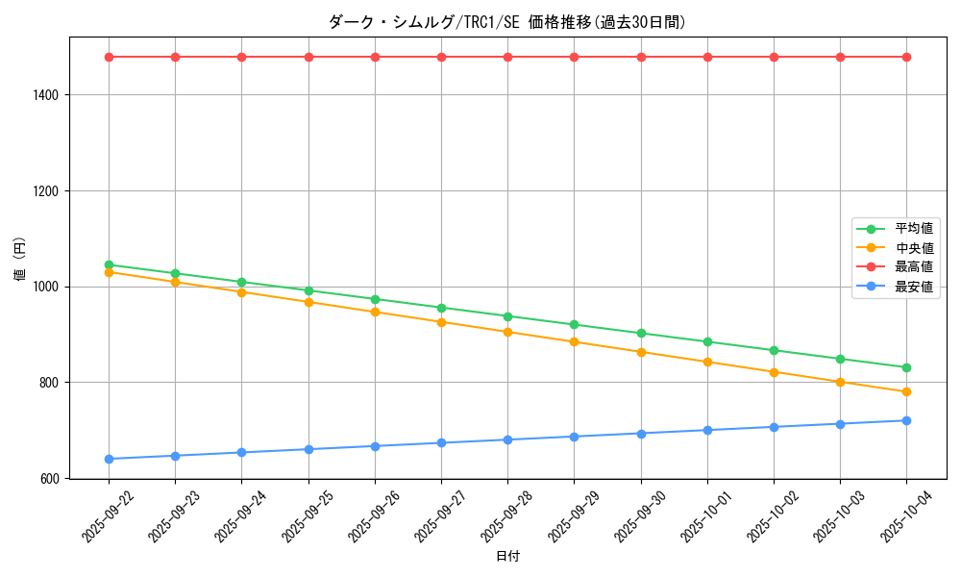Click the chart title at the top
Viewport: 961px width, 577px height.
coord(507,22)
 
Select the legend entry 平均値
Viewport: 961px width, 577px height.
coord(913,229)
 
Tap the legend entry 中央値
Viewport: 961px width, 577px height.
coord(913,248)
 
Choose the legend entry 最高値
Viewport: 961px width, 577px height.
coord(913,267)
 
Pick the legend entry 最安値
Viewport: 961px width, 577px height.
coord(913,287)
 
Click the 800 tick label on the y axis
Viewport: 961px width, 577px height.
coord(50,383)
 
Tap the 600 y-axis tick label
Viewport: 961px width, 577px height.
coord(50,478)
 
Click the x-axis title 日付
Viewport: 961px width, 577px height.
coord(507,557)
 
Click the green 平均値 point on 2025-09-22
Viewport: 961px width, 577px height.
coord(109,264)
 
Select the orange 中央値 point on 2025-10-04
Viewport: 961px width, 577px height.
coord(906,391)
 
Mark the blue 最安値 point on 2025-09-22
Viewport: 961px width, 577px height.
coord(109,459)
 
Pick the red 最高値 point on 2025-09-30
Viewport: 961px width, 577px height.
coord(641,57)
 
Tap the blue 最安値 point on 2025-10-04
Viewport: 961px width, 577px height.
coord(906,420)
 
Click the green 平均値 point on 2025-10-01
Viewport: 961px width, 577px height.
coord(707,341)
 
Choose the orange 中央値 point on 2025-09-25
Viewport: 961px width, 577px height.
coord(308,302)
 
